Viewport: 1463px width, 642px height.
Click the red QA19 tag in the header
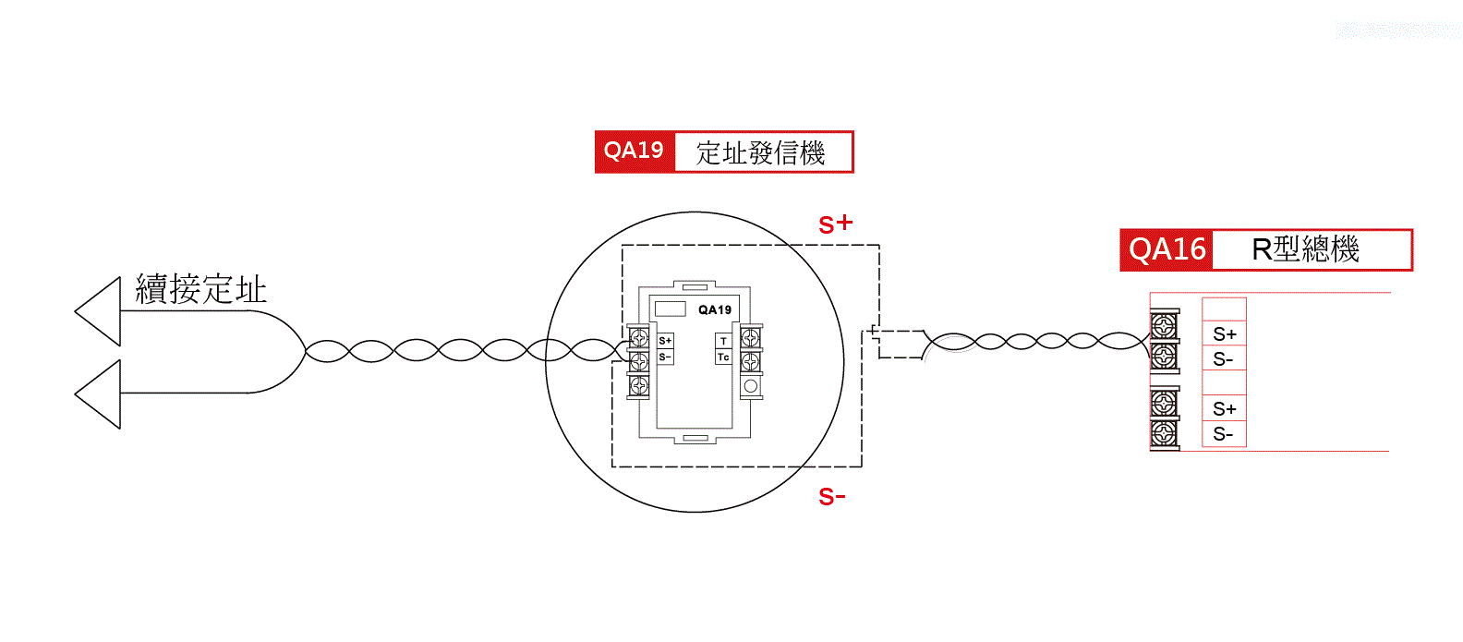635,151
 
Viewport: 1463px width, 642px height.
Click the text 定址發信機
760,152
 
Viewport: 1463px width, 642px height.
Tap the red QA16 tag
1167,249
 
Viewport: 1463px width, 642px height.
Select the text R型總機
1305,249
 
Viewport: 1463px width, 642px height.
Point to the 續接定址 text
201,290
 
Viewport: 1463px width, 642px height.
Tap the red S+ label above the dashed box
835,224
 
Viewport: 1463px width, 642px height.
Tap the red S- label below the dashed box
831,498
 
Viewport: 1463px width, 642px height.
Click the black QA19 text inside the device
715,310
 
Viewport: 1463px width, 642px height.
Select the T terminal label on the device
723,341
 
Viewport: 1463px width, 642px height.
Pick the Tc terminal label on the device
723,357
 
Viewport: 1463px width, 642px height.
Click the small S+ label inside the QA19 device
665,341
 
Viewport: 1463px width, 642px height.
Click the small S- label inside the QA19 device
665,357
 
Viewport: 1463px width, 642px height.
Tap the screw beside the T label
751,339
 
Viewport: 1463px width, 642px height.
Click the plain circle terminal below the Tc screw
751,386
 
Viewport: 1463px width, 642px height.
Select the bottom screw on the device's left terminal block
638,386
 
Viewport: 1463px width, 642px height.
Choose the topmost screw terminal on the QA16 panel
1164,325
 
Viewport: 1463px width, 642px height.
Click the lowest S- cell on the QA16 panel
1224,435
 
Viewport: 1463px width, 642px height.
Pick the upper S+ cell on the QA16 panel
1225,334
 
